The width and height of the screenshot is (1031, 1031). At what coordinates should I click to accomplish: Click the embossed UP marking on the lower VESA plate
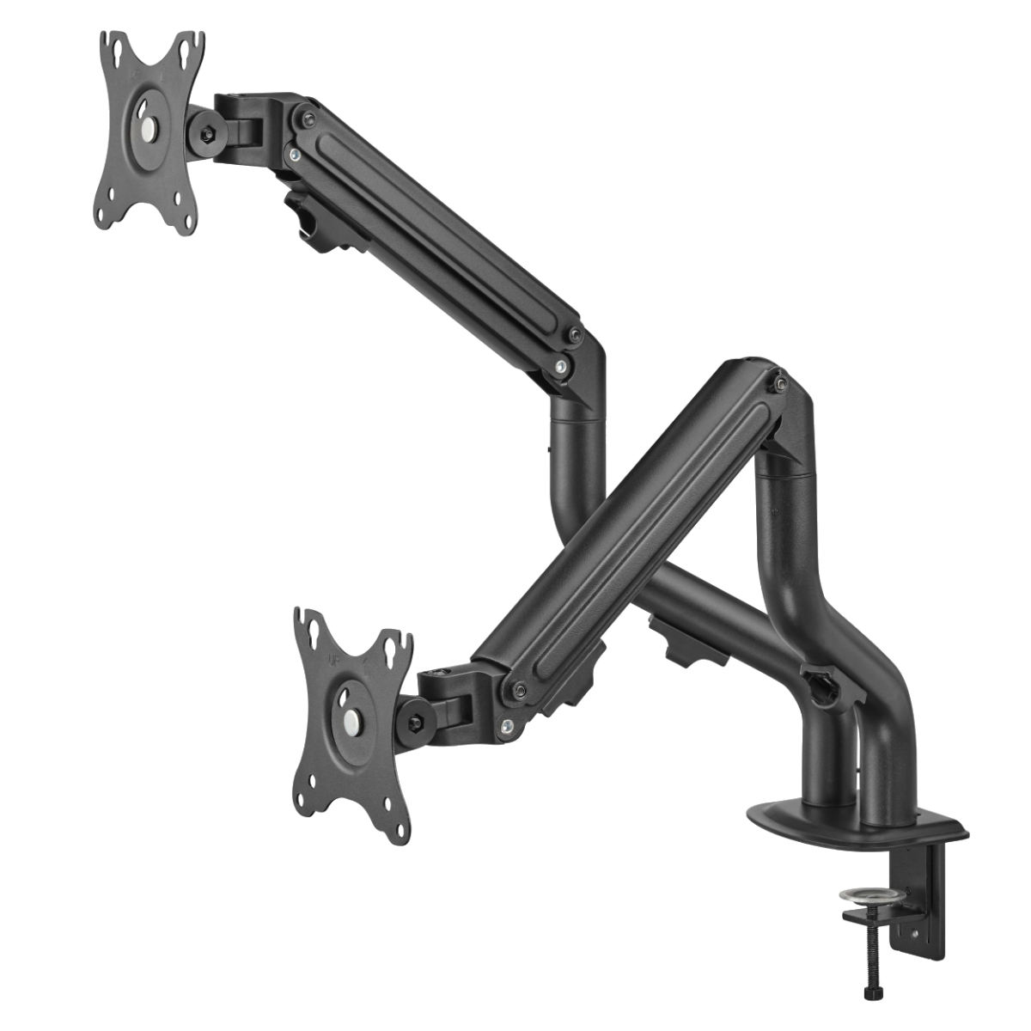[332, 662]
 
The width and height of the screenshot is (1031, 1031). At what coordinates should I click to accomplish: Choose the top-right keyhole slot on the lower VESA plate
[397, 647]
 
